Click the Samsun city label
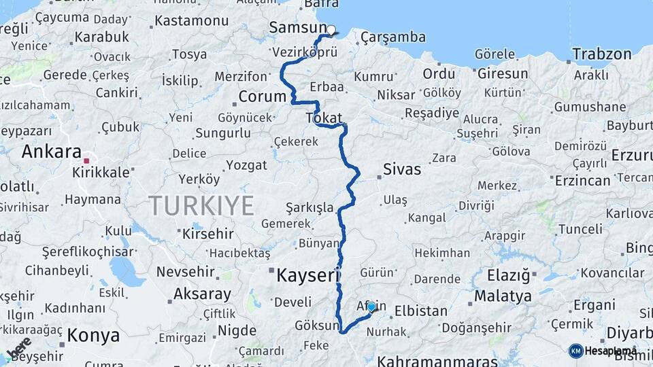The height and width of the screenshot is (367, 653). [298, 28]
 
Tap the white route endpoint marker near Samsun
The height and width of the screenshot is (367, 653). [331, 30]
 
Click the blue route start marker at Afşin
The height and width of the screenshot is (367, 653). [371, 307]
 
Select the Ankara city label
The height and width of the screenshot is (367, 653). [52, 152]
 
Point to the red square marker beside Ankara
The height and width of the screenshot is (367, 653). [86, 161]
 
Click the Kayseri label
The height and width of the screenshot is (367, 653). [307, 275]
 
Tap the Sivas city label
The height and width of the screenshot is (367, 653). [402, 169]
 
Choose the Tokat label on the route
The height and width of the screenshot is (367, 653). [324, 118]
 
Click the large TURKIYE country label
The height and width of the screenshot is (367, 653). [201, 205]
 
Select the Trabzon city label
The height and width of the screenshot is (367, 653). [602, 54]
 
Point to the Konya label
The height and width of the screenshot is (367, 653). [93, 335]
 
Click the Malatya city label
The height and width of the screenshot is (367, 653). [503, 296]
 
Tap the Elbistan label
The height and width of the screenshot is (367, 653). [421, 311]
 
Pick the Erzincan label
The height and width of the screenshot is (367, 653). [582, 180]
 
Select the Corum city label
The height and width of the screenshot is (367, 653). [262, 97]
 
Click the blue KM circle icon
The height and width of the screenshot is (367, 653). [575, 351]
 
